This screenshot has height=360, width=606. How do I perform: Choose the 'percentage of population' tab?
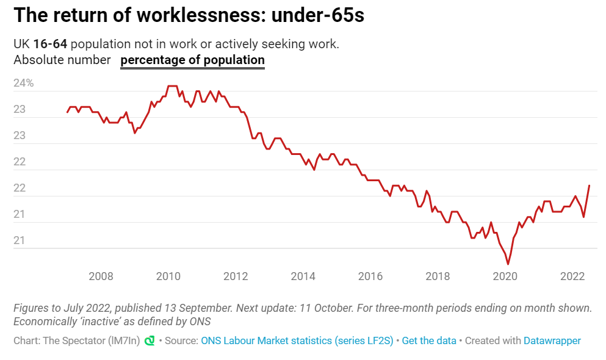pyautogui.click(x=192, y=60)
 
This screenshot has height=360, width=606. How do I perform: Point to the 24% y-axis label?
pyautogui.click(x=23, y=84)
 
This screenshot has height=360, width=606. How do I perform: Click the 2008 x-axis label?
pyautogui.click(x=101, y=276)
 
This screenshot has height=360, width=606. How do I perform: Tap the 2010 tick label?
pyautogui.click(x=168, y=276)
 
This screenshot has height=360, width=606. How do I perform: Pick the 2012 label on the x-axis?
pyautogui.click(x=236, y=276)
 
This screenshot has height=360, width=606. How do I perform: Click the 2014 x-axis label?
pyautogui.click(x=303, y=276)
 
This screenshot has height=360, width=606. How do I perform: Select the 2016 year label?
pyautogui.click(x=370, y=276)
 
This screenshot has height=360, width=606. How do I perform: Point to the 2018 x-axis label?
pyautogui.click(x=438, y=276)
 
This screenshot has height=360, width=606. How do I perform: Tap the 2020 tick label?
pyautogui.click(x=505, y=276)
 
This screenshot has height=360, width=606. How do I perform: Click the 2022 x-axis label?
pyautogui.click(x=573, y=276)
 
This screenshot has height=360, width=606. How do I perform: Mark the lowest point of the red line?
pyautogui.click(x=508, y=264)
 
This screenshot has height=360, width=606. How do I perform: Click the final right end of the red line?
pyautogui.click(x=590, y=185)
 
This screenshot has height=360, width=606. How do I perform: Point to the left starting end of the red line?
pyautogui.click(x=67, y=112)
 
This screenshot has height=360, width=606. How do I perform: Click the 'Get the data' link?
pyautogui.click(x=429, y=340)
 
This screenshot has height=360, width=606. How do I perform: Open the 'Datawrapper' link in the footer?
pyautogui.click(x=552, y=340)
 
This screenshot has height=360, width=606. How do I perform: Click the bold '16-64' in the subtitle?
pyautogui.click(x=51, y=45)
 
